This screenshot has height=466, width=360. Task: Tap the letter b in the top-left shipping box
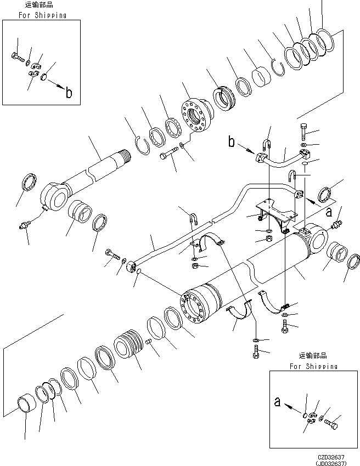click(x=69, y=93)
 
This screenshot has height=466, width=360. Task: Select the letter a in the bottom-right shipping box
click(x=277, y=402)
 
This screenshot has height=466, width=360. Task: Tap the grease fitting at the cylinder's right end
click(x=337, y=224)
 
